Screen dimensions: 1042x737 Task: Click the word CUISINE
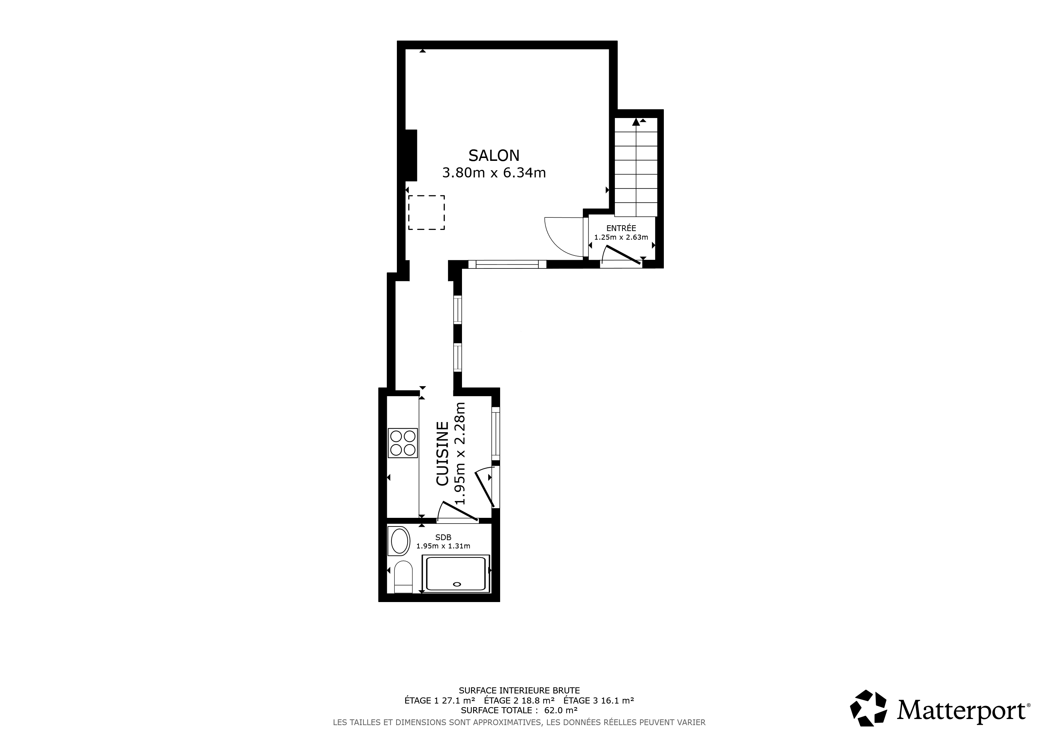point(443,454)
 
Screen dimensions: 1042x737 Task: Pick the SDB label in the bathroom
point(443,537)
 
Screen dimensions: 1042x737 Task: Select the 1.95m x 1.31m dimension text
point(443,546)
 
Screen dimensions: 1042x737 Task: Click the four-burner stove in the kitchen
point(403,443)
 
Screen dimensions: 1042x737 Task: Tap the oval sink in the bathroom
point(399,541)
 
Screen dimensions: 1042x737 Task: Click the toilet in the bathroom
point(403,577)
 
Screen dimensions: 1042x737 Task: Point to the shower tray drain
point(457,584)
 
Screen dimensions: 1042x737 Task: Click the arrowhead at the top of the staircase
point(636,122)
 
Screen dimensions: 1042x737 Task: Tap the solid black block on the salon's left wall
point(411,155)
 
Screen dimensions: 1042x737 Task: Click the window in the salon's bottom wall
point(507,264)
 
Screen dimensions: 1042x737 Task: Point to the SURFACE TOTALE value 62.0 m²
point(561,710)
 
